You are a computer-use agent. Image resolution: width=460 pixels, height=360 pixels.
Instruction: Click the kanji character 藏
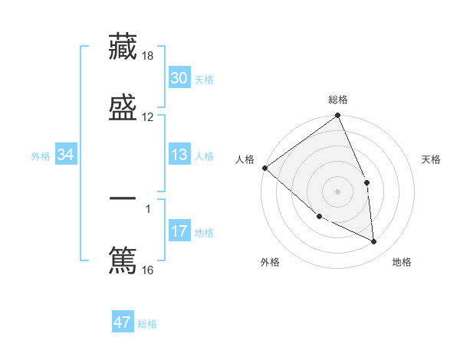123,46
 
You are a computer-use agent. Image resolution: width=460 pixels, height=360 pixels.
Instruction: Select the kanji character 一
123,200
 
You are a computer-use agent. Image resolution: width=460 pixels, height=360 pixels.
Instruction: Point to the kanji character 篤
123,259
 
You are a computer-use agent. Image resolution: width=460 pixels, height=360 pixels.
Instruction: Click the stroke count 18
149,57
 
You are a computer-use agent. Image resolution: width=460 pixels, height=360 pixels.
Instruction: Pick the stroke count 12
148,116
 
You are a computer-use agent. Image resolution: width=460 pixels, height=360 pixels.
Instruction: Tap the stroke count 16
148,270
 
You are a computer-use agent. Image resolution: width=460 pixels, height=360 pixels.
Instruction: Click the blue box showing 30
179,78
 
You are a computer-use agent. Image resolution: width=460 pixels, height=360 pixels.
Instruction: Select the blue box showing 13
179,155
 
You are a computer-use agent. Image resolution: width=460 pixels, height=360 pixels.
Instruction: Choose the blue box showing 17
179,231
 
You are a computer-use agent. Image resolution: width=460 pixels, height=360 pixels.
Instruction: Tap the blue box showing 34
66,155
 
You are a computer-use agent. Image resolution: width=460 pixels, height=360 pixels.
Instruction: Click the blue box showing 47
123,322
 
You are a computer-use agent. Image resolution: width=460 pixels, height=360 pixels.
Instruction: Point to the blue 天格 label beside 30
204,79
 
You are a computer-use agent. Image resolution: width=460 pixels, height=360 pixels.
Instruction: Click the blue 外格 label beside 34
41,156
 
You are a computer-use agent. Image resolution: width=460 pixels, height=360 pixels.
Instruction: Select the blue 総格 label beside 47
147,324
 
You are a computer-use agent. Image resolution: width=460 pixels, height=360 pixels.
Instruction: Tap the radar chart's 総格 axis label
338,100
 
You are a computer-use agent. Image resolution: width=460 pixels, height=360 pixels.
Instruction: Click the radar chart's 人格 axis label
245,159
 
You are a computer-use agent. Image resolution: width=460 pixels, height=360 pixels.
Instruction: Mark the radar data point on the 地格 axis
374,242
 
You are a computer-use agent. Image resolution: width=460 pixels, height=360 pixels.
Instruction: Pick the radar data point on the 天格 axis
366,182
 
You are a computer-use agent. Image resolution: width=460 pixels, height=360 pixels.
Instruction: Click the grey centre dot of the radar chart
338,191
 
